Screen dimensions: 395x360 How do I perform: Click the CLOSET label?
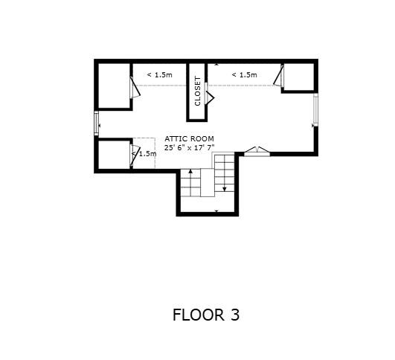point(198,91)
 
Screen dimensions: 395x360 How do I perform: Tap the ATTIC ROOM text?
point(189,139)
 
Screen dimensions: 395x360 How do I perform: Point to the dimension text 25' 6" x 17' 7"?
point(189,147)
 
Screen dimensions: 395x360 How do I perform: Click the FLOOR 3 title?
point(206,315)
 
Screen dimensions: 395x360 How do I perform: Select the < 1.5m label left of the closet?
point(159,75)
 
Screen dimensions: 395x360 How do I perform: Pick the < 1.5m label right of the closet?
point(244,75)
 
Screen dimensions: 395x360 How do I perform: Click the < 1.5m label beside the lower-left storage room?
point(144,154)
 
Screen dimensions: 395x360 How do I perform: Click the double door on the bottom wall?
point(257,152)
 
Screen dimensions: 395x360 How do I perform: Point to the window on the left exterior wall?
point(97,123)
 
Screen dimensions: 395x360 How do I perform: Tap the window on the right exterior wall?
point(315,110)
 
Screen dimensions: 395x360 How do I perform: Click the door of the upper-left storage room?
point(135,87)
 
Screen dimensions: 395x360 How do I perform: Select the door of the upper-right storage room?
point(279,76)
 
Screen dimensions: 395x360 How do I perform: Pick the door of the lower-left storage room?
point(134,155)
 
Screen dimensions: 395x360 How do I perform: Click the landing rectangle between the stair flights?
point(208,183)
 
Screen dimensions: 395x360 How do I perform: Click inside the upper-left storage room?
point(114,86)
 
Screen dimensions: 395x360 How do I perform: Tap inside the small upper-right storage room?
point(299,77)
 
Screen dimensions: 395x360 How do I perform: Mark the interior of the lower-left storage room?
point(114,155)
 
